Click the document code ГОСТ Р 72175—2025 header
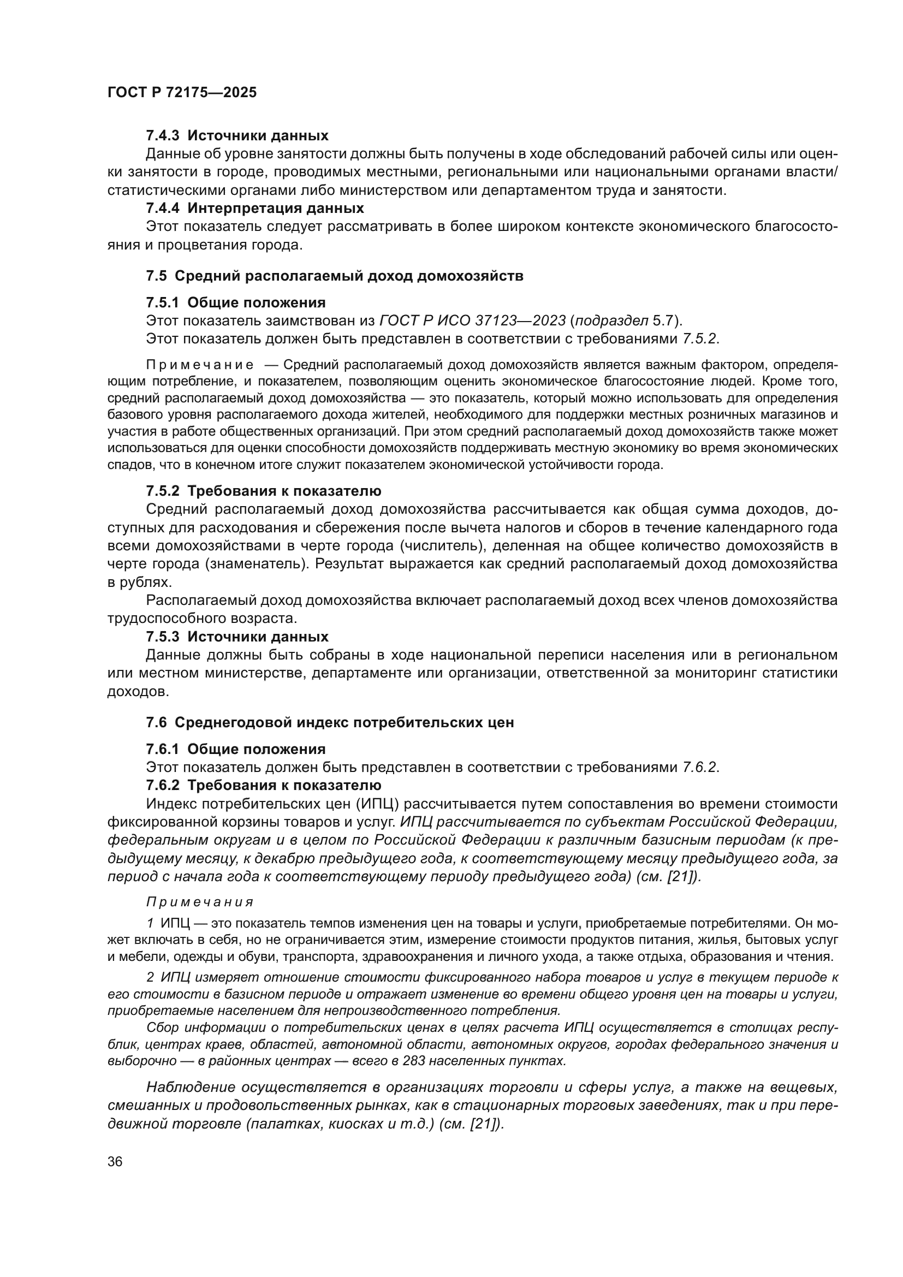tap(182, 93)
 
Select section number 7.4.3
tap(162, 135)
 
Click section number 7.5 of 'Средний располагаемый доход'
tap(156, 276)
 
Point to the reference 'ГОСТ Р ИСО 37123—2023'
tap(472, 321)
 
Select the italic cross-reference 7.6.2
tap(700, 768)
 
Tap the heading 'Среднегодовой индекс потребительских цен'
tap(343, 722)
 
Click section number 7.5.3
tap(162, 637)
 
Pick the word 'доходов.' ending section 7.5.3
tap(138, 692)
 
